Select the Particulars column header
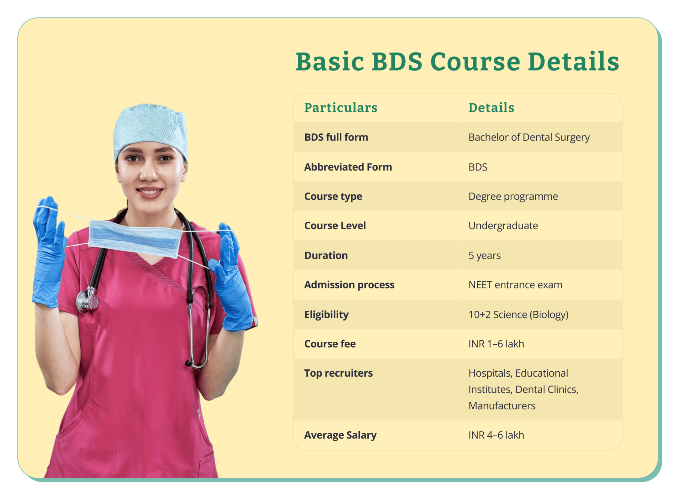tap(341, 108)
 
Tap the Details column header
tap(491, 108)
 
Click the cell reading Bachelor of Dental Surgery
tap(529, 137)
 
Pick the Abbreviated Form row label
tap(348, 167)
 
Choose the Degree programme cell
tap(513, 196)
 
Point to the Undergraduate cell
tap(503, 226)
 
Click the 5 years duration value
tap(484, 255)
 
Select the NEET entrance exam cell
tap(515, 285)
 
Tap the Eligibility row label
tap(326, 314)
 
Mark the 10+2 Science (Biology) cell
tap(518, 314)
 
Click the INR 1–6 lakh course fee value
tap(496, 344)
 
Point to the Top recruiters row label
tap(338, 373)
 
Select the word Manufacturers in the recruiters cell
tap(502, 406)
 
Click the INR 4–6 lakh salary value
tap(496, 435)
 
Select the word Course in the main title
tap(475, 62)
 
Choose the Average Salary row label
tap(340, 435)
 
